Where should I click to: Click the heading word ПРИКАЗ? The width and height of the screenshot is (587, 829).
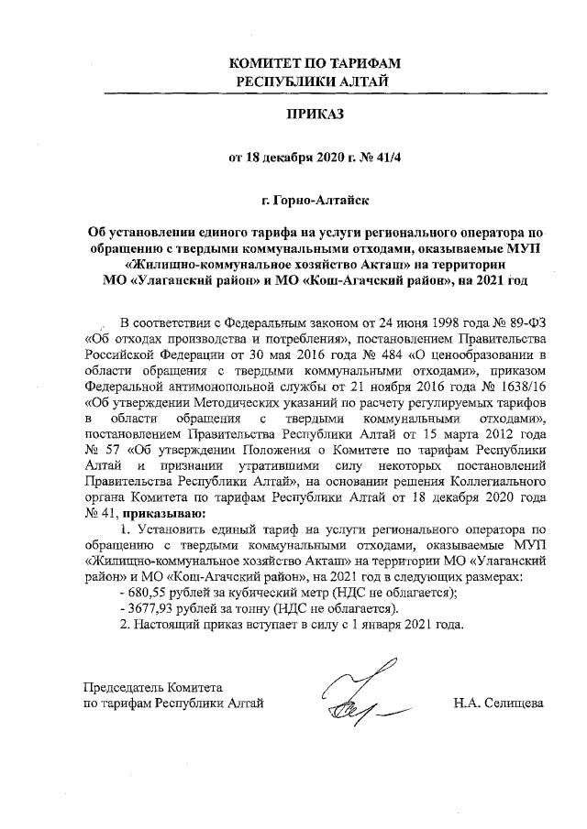point(315,117)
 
